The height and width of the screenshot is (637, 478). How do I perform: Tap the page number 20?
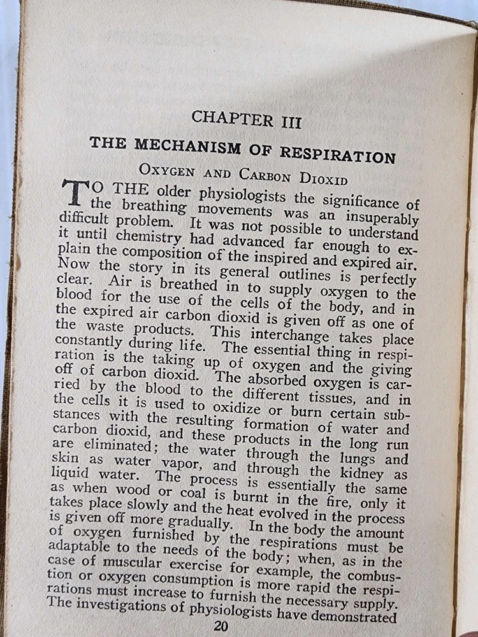(x=221, y=626)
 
